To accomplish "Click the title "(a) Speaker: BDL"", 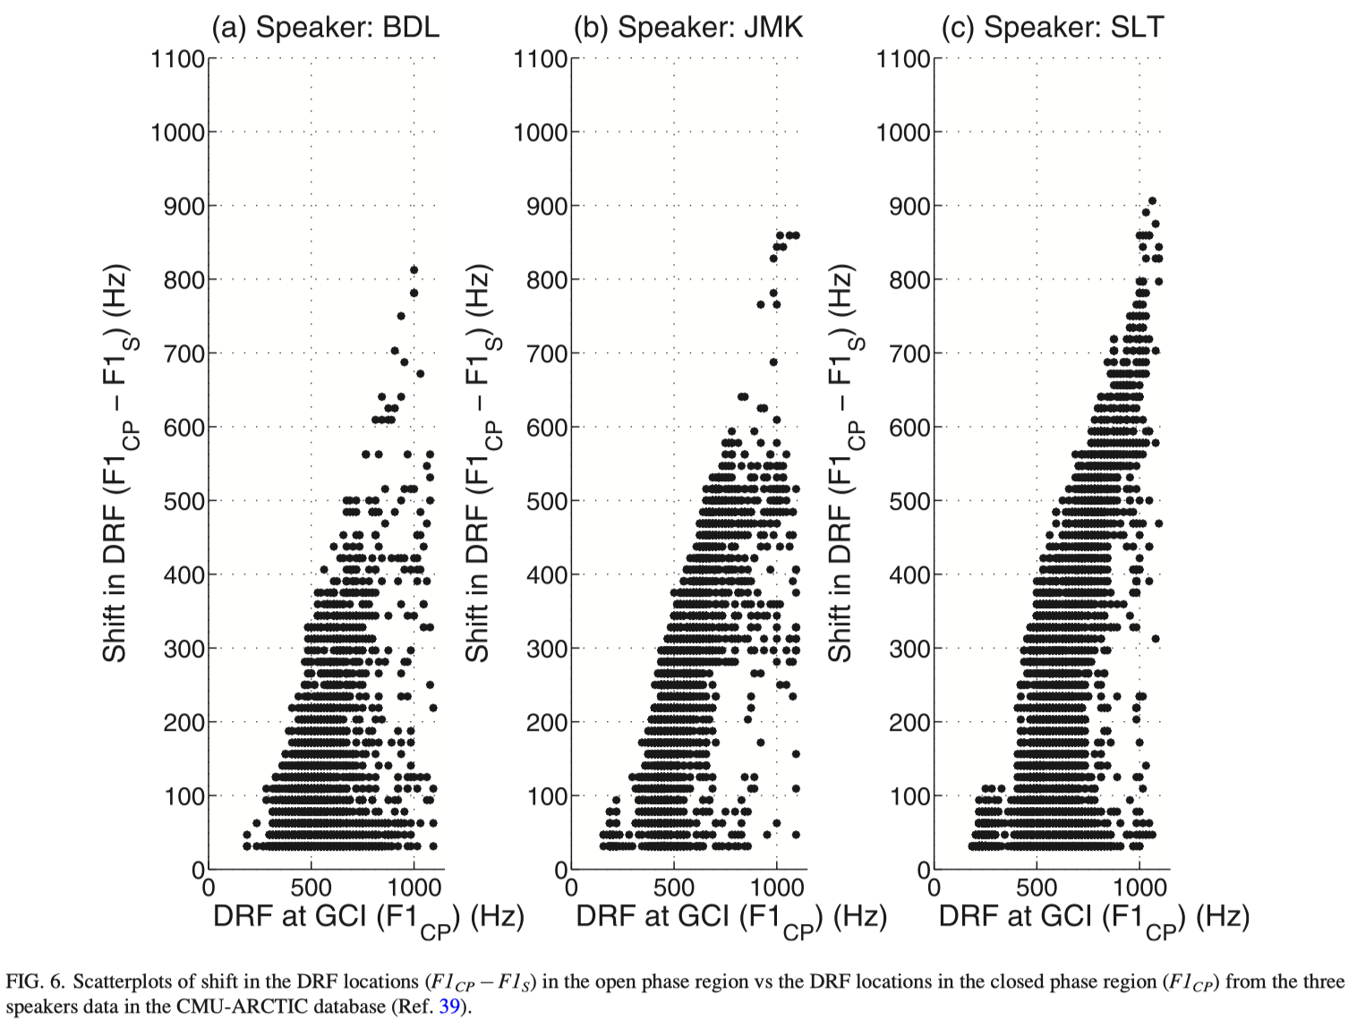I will click(325, 27).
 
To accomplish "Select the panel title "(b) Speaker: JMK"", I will click(687, 27).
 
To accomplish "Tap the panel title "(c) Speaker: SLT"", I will click(1052, 27).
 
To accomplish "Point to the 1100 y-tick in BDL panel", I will click(178, 59).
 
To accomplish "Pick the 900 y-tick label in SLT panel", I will click(909, 207).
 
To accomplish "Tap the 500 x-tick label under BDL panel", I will click(311, 887).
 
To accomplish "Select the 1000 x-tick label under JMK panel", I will click(776, 887).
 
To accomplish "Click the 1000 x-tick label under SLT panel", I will click(1139, 887).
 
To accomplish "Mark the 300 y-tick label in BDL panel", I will click(184, 649).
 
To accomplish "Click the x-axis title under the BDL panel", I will click(368, 918).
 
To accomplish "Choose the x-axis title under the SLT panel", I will click(1094, 918).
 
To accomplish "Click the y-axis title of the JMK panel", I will click(480, 463).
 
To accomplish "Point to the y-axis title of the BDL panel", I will click(117, 463).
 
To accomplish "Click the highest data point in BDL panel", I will click(414, 270).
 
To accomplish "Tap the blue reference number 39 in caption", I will click(448, 1006).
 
